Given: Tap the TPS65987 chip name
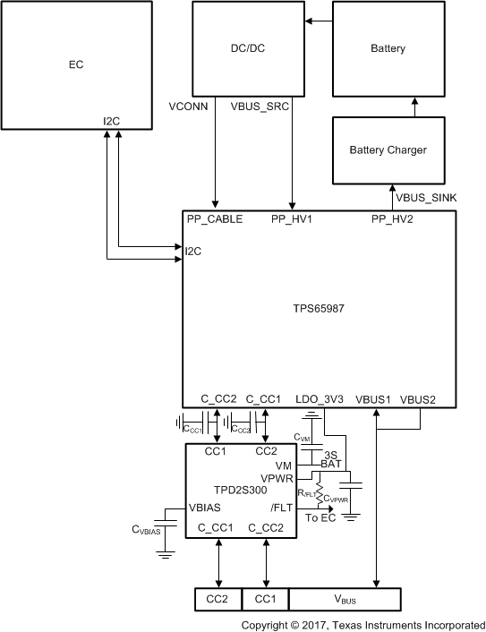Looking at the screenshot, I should (320, 307).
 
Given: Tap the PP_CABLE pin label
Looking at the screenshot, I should (215, 219).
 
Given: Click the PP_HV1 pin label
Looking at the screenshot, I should (293, 219).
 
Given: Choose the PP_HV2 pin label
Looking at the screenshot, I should (392, 219).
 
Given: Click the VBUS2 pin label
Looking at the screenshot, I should (417, 398).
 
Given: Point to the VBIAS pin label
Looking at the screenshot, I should (206, 507).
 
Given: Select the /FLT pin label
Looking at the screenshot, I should (281, 507).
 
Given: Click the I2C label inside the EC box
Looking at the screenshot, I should (111, 120).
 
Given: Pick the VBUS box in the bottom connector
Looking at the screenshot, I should (345, 598).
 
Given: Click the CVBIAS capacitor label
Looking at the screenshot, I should (147, 530).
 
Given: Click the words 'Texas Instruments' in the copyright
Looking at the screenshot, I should (381, 623).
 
